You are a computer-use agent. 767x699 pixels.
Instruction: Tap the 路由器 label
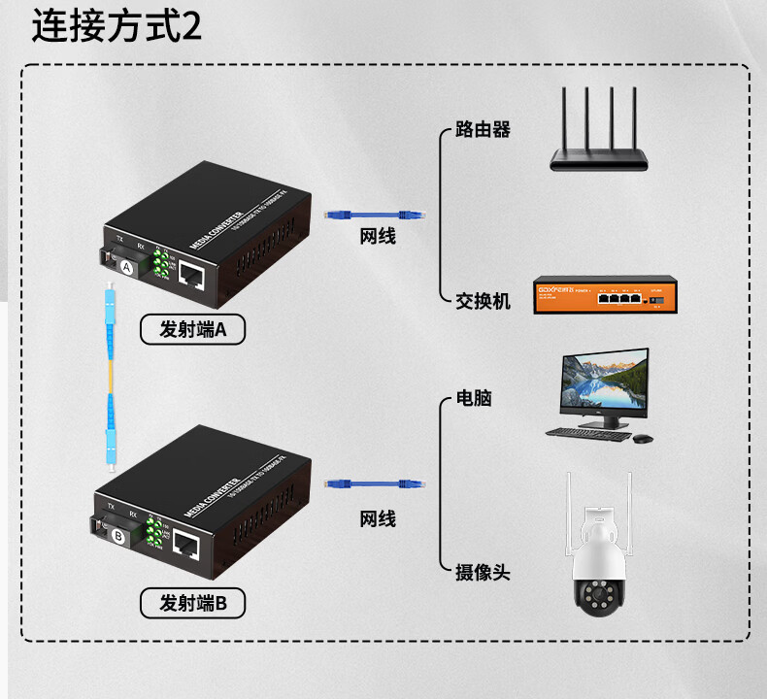(x=483, y=129)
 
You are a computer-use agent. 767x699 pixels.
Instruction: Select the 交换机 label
(x=483, y=301)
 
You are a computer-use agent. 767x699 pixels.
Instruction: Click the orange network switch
(x=603, y=295)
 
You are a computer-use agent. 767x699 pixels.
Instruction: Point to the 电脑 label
(x=474, y=398)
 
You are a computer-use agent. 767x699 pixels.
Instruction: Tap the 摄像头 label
(x=483, y=572)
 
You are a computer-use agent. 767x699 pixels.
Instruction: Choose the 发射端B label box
(x=192, y=604)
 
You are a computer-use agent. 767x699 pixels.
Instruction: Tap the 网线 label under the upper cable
(x=378, y=237)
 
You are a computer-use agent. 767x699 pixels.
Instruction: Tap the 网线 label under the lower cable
(x=378, y=519)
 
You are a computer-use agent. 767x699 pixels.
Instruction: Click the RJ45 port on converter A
(x=192, y=276)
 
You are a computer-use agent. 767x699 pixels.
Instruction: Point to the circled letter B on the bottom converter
(x=117, y=535)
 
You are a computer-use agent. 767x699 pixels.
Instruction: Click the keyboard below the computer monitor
(x=586, y=433)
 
